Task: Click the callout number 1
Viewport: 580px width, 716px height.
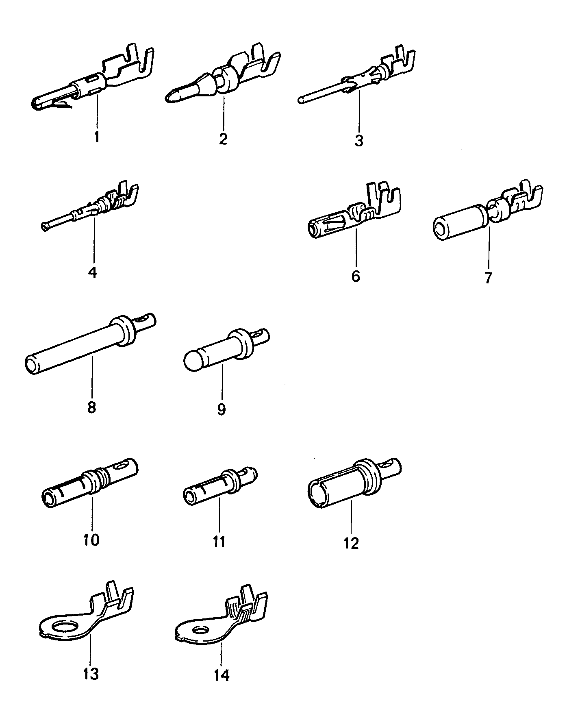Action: click(96, 137)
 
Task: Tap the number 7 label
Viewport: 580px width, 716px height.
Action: click(488, 278)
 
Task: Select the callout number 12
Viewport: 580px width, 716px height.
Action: click(351, 543)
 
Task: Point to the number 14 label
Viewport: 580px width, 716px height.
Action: click(222, 675)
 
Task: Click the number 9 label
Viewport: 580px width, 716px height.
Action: click(221, 409)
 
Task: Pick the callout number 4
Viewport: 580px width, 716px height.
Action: click(93, 272)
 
